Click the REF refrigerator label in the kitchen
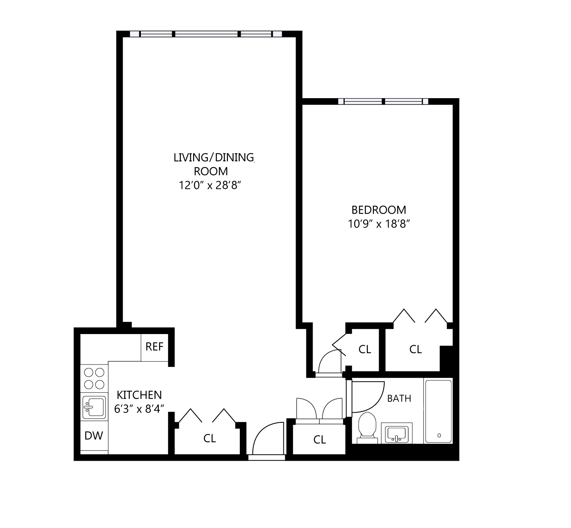[x=154, y=347]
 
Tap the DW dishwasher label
[x=94, y=436]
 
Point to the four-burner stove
[x=94, y=378]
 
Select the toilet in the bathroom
[x=367, y=428]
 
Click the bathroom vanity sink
[x=397, y=433]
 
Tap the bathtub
[x=438, y=412]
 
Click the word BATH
[x=399, y=398]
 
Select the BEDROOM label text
[x=379, y=210]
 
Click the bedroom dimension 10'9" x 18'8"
[x=379, y=224]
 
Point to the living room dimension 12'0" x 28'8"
[x=210, y=185]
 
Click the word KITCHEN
[x=139, y=395]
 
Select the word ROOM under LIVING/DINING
[x=211, y=171]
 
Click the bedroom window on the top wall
[x=383, y=101]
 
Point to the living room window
[x=206, y=34]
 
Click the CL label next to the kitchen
[x=209, y=438]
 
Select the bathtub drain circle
[x=439, y=435]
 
